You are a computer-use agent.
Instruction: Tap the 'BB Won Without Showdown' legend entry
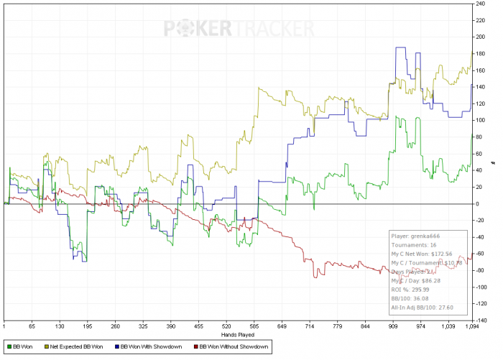pyautogui.click(x=233, y=347)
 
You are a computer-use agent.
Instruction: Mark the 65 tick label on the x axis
pyautogui.click(x=32, y=327)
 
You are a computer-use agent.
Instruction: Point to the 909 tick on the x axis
pyautogui.click(x=394, y=327)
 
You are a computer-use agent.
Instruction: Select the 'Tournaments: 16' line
pyautogui.click(x=415, y=244)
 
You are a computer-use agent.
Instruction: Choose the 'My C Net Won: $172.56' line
pyautogui.click(x=422, y=254)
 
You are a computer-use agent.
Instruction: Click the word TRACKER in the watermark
pyautogui.click(x=272, y=29)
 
